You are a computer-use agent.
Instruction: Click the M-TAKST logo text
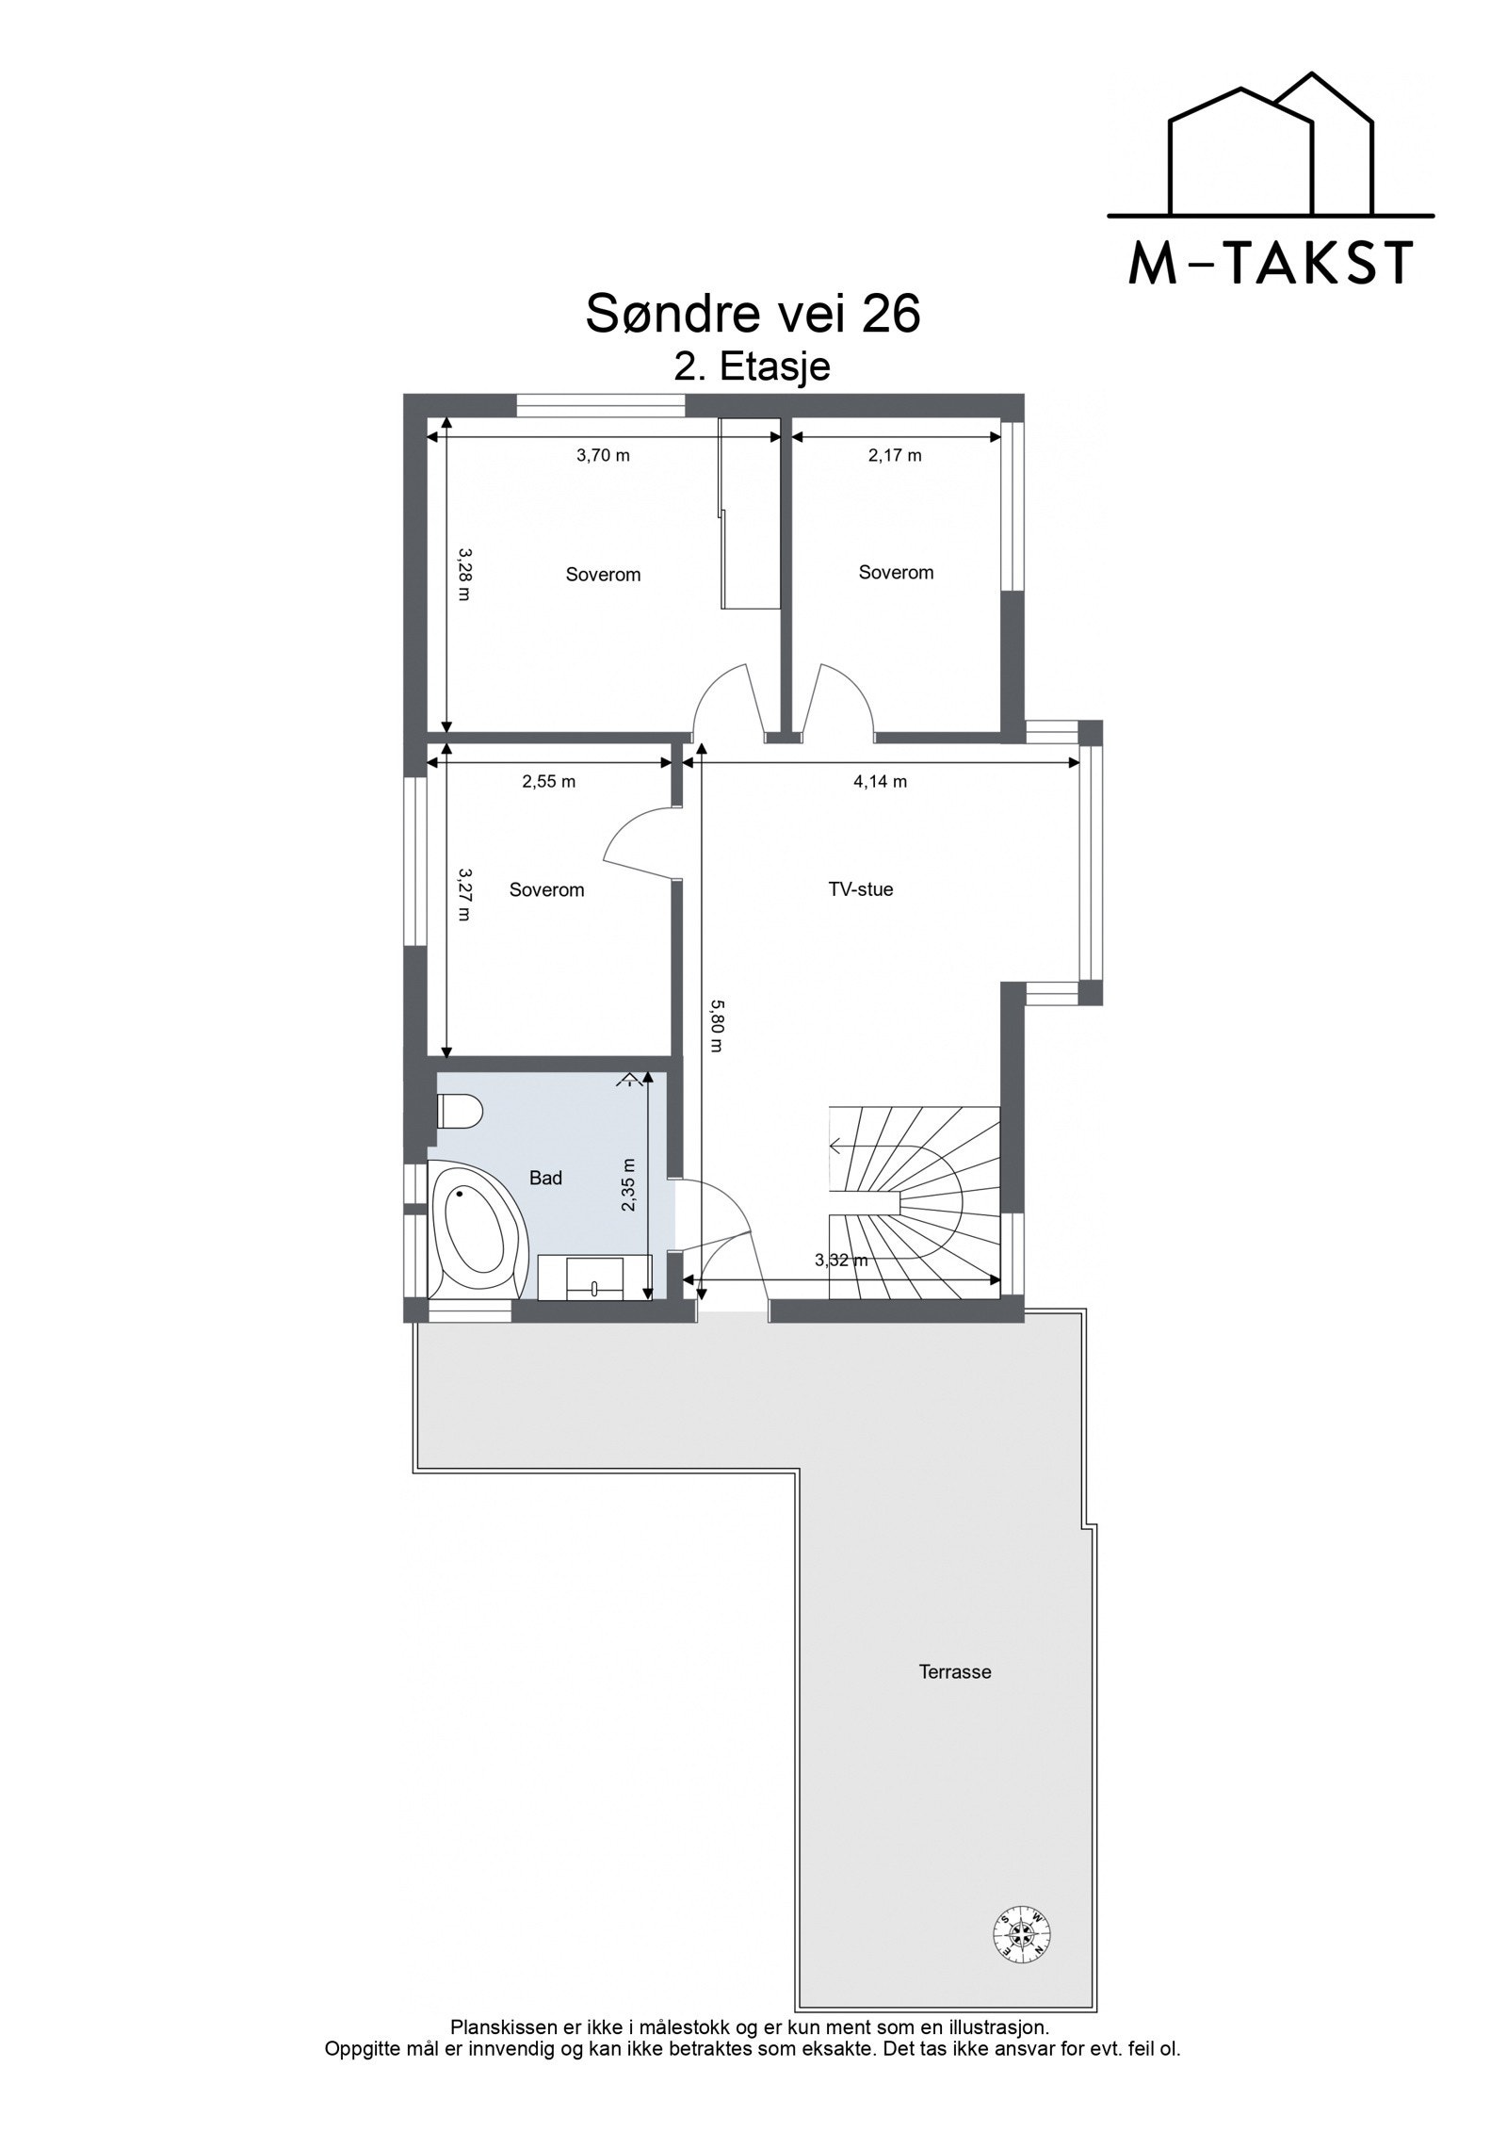(x=1270, y=263)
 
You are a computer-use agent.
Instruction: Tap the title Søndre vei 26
(x=753, y=313)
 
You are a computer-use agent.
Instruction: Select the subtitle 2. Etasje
(x=753, y=366)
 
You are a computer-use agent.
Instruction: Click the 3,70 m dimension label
(x=603, y=456)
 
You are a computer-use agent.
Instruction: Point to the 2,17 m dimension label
(x=895, y=456)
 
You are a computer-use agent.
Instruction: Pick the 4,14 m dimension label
(x=881, y=781)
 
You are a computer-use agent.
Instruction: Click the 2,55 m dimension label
(x=548, y=781)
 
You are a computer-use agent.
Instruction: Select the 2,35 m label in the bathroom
(x=628, y=1185)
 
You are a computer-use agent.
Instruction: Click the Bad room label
(x=545, y=1178)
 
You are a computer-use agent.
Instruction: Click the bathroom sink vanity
(x=595, y=1277)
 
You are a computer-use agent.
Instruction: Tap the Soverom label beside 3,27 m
(x=546, y=889)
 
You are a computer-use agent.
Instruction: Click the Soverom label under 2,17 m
(x=896, y=572)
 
